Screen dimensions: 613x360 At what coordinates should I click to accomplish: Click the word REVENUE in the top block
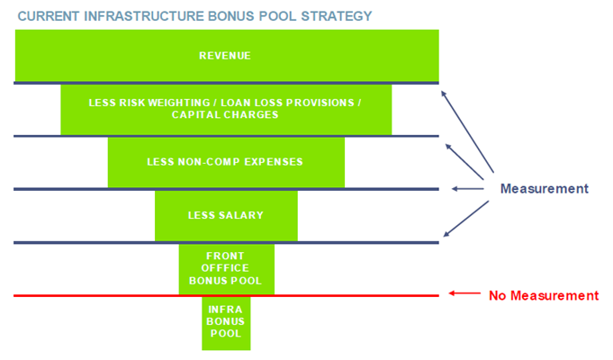point(225,56)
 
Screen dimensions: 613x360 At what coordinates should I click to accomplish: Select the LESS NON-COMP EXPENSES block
point(226,162)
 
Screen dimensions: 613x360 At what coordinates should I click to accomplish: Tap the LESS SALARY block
point(226,216)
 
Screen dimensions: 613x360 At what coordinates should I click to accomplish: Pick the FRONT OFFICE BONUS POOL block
point(226,269)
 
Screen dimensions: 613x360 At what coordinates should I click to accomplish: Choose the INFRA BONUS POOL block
point(226,323)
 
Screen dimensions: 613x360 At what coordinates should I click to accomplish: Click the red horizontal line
point(226,296)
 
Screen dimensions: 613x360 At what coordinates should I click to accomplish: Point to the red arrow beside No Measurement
point(464,293)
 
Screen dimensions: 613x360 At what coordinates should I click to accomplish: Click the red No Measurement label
point(544,295)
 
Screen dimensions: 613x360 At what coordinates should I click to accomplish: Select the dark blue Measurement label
point(545,189)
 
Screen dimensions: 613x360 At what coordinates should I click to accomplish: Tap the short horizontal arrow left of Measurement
point(467,189)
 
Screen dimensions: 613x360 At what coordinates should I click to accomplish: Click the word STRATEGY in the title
point(337,16)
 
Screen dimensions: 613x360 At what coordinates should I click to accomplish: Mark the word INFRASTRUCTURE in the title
point(144,16)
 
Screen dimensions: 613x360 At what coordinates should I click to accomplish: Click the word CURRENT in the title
point(49,16)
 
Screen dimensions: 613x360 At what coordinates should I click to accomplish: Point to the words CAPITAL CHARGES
point(225,115)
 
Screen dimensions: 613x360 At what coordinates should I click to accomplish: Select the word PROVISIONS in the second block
point(320,103)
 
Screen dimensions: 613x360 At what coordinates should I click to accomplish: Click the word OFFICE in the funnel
point(225,268)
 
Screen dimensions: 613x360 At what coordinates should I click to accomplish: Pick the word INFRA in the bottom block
point(225,310)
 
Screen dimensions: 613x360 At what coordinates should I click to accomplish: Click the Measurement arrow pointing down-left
point(466,219)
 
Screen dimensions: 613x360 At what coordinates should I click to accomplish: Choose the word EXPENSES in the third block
point(274,162)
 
